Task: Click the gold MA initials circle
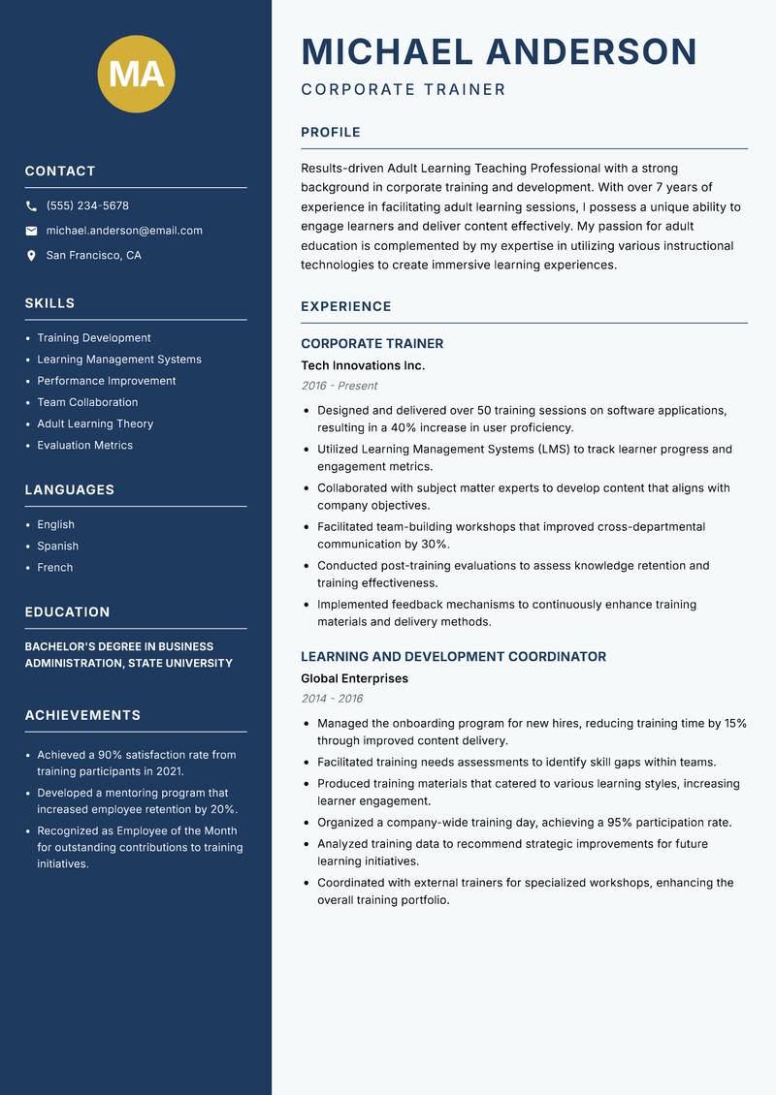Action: [x=136, y=74]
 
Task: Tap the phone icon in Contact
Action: [x=31, y=206]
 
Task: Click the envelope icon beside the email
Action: [x=31, y=231]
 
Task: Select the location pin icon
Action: [x=31, y=256]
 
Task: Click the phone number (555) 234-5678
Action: [x=87, y=206]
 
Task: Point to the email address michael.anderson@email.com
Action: [x=124, y=231]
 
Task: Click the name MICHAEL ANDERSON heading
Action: [x=499, y=51]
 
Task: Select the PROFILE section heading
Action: [x=331, y=133]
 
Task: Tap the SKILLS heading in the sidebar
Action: [x=49, y=303]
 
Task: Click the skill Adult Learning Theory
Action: [x=95, y=423]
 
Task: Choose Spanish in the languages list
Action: [x=57, y=547]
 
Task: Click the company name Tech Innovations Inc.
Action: [x=363, y=365]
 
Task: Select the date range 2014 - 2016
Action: [x=332, y=699]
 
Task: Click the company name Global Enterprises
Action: [x=354, y=678]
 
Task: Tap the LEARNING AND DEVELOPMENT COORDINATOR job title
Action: [x=453, y=657]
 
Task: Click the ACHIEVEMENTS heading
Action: [x=82, y=715]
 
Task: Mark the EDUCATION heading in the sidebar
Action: [x=67, y=612]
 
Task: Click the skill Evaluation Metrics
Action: [x=84, y=446]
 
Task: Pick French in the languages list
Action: [x=54, y=568]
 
